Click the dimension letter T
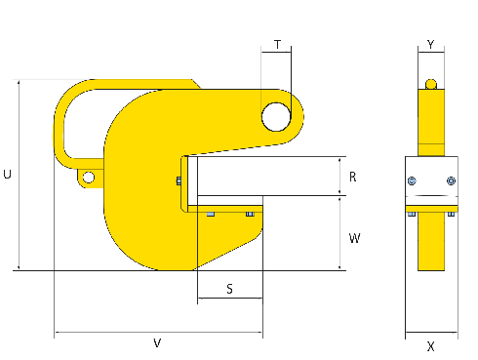tap(277, 44)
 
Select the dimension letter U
tap(7, 175)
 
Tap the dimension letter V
tap(157, 343)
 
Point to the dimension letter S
tap(229, 289)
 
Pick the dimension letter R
tap(353, 177)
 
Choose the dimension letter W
tap(354, 238)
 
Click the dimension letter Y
tap(431, 44)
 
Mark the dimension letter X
tap(431, 346)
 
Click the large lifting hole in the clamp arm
tap(276, 117)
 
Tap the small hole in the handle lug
tap(89, 178)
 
